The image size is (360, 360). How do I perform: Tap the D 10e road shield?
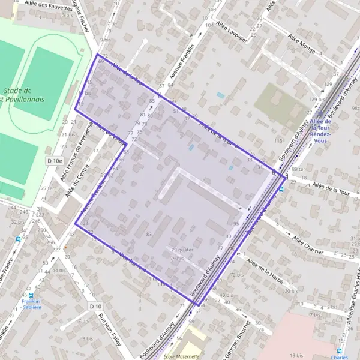(x=54, y=161)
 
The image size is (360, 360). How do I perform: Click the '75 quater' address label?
(x=182, y=250)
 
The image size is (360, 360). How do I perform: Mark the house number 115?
(x=277, y=140)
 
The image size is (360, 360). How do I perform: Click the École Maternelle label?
(x=181, y=356)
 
